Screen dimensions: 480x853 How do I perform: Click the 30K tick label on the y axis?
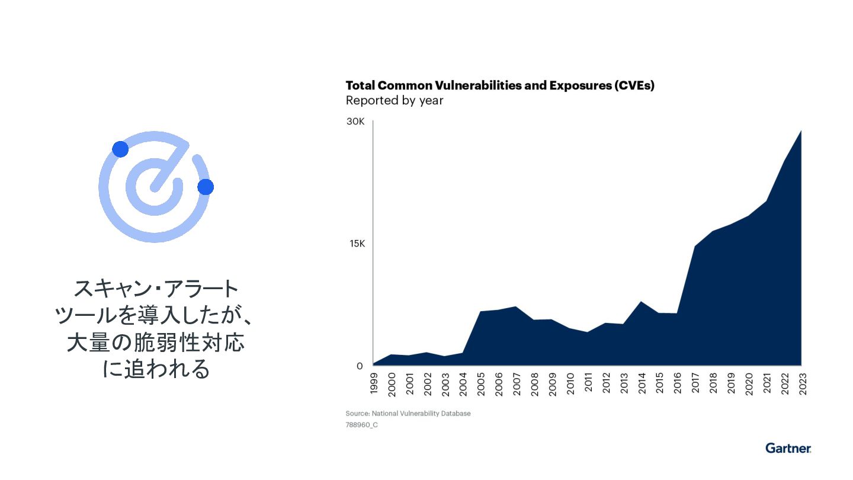[355, 121]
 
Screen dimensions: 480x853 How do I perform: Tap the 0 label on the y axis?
[360, 366]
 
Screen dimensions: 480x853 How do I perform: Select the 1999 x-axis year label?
[374, 383]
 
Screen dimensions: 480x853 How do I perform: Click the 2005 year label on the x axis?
[481, 383]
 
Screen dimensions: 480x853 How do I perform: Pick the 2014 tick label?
[642, 383]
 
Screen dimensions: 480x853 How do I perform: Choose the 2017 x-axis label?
[695, 383]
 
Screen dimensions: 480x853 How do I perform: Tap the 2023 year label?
[802, 383]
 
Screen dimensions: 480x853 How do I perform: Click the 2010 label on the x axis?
[570, 383]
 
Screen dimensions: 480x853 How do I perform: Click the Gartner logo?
[788, 448]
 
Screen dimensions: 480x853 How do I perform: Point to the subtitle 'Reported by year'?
[395, 101]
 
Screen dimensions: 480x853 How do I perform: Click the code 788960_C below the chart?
[361, 425]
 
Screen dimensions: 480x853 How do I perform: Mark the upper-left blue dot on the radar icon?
[120, 149]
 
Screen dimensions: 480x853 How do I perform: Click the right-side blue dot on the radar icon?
[206, 187]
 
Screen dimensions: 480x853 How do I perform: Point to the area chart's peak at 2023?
[801, 131]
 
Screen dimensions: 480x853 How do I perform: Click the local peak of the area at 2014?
[641, 302]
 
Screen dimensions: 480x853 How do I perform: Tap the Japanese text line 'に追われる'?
[156, 369]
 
